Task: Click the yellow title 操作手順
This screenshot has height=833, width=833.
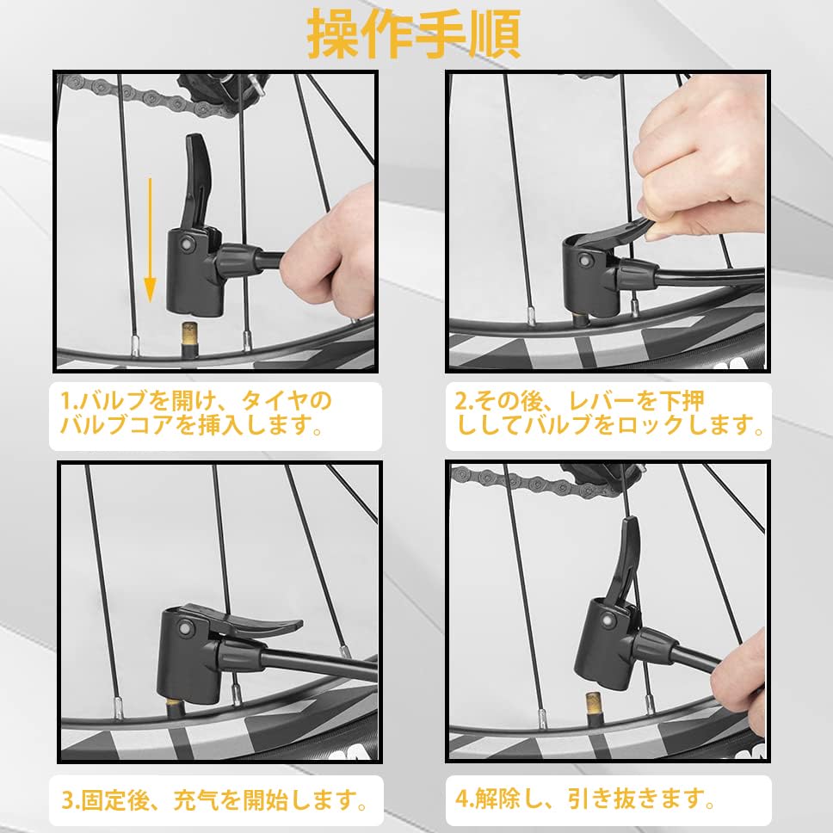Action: coord(414,34)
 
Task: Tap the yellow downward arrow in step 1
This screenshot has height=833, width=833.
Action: coord(151,240)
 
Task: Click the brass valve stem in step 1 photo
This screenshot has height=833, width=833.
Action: coord(189,339)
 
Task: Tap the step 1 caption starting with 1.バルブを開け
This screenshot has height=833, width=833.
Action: coord(195,413)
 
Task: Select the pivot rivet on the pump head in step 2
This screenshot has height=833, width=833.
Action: coord(586,262)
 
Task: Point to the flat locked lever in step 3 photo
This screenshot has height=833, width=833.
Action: coord(255,623)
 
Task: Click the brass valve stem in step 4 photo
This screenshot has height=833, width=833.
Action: coord(594,709)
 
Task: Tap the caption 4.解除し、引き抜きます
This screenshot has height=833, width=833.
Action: coord(585,799)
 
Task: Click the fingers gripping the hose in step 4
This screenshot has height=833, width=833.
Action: coord(739,685)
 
